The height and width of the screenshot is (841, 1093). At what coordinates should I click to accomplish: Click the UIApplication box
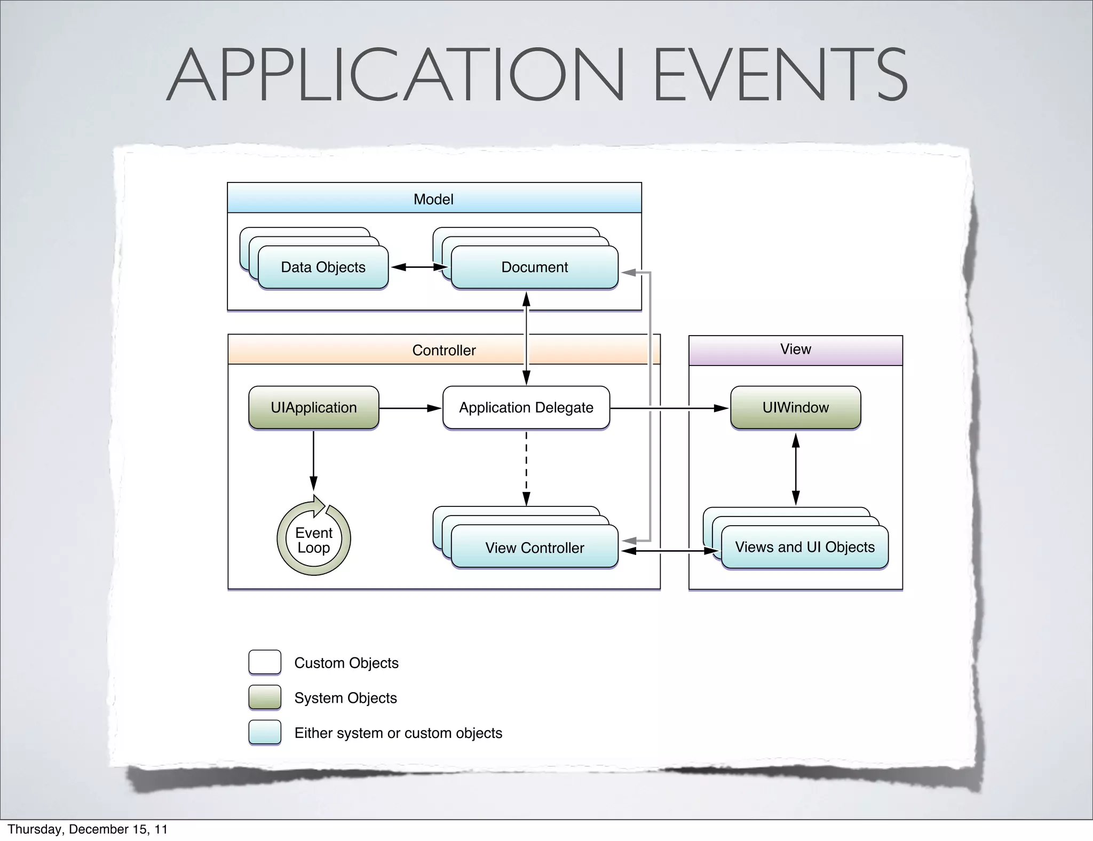click(314, 408)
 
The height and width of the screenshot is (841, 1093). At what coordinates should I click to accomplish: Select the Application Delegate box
click(526, 408)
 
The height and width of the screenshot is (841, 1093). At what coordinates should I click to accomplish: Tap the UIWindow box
click(795, 408)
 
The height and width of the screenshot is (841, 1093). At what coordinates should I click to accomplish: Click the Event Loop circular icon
click(314, 539)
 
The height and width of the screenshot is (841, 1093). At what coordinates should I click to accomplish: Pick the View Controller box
click(534, 548)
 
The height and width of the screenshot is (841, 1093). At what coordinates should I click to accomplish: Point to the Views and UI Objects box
click(804, 547)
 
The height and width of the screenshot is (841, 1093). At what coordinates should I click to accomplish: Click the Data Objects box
click(323, 267)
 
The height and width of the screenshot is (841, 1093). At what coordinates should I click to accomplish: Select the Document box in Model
click(534, 267)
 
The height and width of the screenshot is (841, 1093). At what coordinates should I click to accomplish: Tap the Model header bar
click(434, 199)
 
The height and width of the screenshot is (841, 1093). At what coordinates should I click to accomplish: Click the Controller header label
click(443, 350)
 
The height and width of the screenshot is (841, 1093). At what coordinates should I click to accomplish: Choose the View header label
click(795, 349)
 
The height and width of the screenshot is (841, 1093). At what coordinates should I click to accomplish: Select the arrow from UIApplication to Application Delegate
click(410, 408)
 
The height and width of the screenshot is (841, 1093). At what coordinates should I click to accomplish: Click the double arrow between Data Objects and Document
click(419, 267)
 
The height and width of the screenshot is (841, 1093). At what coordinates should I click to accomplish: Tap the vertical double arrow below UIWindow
click(796, 469)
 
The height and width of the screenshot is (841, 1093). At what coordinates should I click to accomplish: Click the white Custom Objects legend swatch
click(265, 662)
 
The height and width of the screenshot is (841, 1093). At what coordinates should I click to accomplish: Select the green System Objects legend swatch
click(265, 697)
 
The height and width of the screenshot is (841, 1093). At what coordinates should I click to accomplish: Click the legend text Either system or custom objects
click(398, 733)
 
